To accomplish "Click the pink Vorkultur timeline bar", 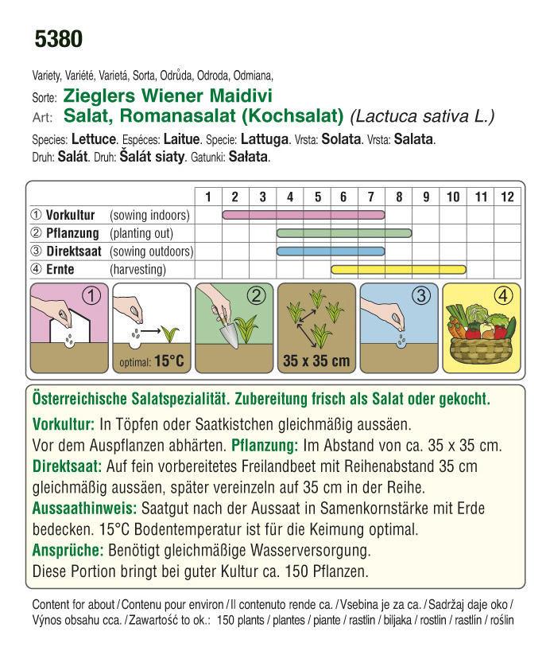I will (x=304, y=215).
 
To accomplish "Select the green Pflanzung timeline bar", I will (x=344, y=233).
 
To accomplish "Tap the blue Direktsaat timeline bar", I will (x=331, y=251).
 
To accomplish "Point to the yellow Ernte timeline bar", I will (x=398, y=270).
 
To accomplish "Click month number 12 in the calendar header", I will (x=507, y=197).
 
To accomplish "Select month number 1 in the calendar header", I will (x=208, y=197).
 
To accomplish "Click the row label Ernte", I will (x=60, y=270).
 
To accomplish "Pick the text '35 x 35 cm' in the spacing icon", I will (x=316, y=361).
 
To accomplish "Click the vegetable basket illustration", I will (x=481, y=334).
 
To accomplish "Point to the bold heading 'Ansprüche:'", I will (x=68, y=549).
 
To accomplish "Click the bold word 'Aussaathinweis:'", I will (x=84, y=507).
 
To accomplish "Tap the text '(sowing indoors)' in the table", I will (x=149, y=215).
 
